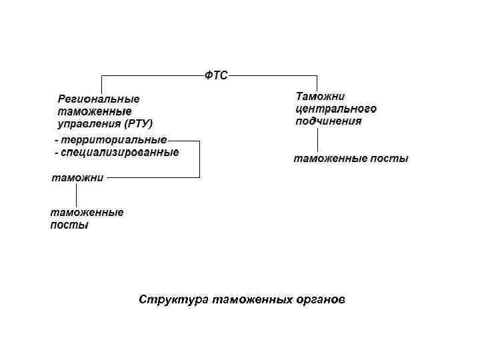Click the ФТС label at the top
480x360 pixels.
215,76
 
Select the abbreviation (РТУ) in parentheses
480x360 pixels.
138,123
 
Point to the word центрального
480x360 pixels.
336,109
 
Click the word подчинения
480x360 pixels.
329,121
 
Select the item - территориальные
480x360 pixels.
111,141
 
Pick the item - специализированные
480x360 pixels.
117,153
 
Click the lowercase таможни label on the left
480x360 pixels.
77,178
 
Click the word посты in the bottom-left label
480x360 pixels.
69,225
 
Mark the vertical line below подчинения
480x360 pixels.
317,140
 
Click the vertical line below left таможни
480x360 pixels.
76,195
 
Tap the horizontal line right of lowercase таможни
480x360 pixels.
153,177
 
